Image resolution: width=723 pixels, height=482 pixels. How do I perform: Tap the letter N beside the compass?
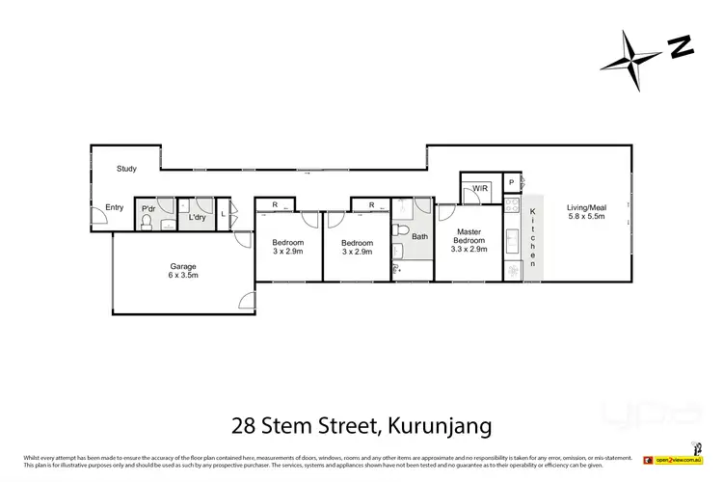pyautogui.click(x=682, y=45)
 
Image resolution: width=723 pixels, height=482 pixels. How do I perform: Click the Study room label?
pyautogui.click(x=126, y=169)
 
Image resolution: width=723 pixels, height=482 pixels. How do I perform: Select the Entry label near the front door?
pyautogui.click(x=115, y=206)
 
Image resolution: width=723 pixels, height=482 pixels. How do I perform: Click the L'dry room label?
pyautogui.click(x=197, y=217)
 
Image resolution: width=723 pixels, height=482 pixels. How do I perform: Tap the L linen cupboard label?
pyautogui.click(x=224, y=214)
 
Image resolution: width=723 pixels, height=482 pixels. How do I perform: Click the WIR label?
pyautogui.click(x=477, y=188)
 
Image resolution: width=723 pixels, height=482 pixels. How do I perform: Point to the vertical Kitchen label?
pyautogui.click(x=532, y=236)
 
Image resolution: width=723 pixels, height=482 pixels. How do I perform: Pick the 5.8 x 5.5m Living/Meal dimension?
pyautogui.click(x=586, y=217)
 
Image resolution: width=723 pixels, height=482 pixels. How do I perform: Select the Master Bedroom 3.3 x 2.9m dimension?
pyautogui.click(x=469, y=249)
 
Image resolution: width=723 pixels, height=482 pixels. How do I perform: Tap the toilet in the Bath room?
pyautogui.click(x=398, y=251)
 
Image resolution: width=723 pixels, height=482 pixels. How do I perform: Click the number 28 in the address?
pyautogui.click(x=245, y=423)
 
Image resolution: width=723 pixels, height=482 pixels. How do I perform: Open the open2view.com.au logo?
pyautogui.click(x=679, y=461)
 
